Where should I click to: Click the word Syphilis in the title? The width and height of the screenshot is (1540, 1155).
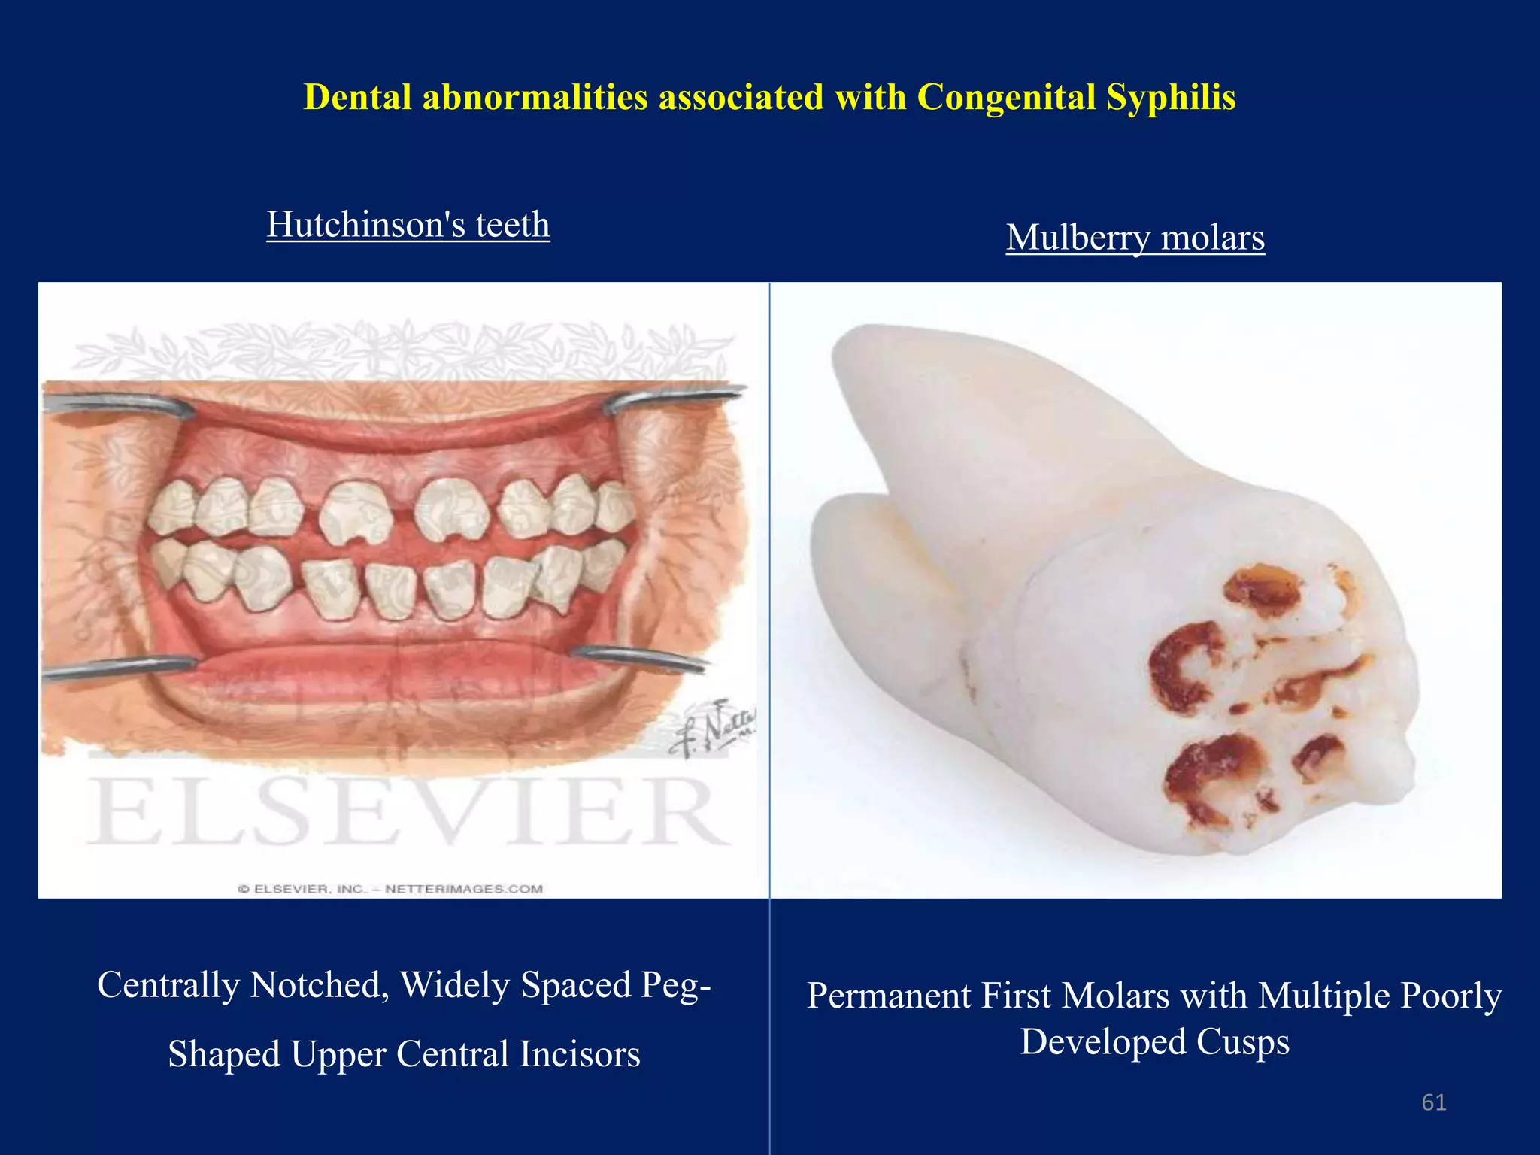click(x=1170, y=98)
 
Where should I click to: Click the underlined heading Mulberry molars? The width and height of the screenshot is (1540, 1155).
click(x=1135, y=238)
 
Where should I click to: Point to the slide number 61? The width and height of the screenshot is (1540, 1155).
click(x=1434, y=1102)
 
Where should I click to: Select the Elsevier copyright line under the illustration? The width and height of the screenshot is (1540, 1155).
click(x=391, y=889)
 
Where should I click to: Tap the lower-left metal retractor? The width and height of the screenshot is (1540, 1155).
click(x=120, y=666)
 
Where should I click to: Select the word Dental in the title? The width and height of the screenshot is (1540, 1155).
click(x=357, y=98)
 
